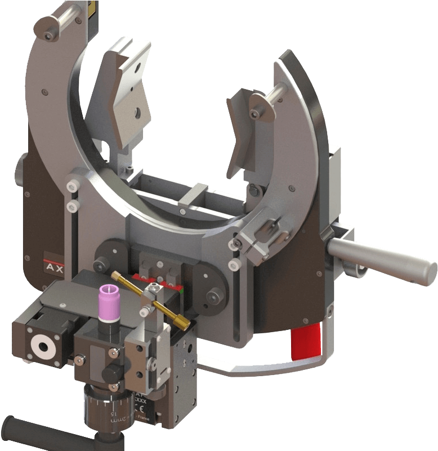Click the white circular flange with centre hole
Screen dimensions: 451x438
tap(42, 346)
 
